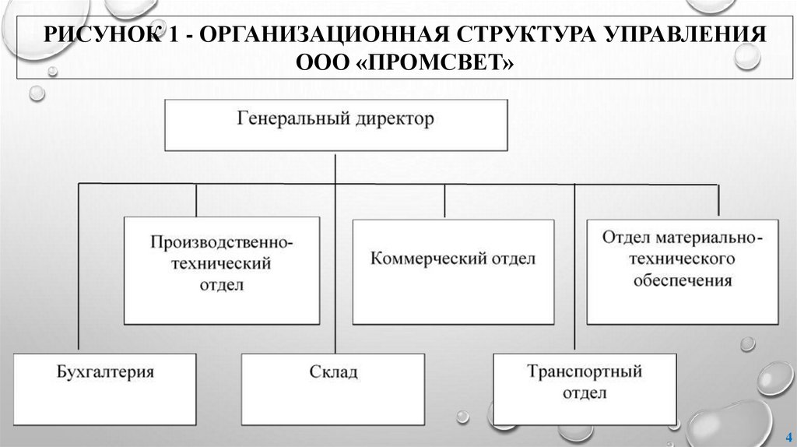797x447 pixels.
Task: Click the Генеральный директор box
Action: click(x=335, y=124)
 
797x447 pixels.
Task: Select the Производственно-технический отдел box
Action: click(x=221, y=270)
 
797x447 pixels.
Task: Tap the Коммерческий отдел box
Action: click(x=453, y=270)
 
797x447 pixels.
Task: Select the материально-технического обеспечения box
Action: click(x=683, y=270)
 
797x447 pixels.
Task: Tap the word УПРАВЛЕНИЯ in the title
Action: click(x=676, y=36)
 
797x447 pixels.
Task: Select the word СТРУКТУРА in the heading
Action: click(x=516, y=36)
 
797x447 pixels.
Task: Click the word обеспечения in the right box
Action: click(x=683, y=280)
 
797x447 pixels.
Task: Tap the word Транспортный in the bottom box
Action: click(x=584, y=371)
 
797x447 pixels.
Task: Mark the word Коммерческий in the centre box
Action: click(x=421, y=259)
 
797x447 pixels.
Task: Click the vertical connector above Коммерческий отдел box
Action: click(x=445, y=201)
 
